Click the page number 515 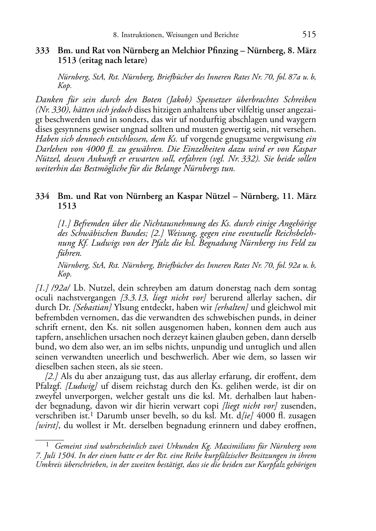(309, 34)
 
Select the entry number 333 (42, 51)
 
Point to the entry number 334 (42, 196)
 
